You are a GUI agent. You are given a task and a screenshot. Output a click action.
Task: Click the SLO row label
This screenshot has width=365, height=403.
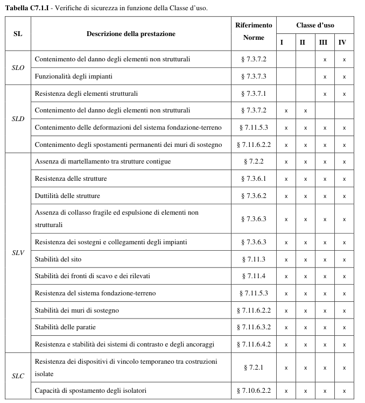(x=18, y=68)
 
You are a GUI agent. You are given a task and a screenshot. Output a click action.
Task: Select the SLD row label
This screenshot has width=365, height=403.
(x=18, y=119)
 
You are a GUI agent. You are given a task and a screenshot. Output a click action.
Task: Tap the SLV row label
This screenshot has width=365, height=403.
(x=18, y=252)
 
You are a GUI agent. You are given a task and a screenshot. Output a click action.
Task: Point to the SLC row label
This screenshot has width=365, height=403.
(x=18, y=376)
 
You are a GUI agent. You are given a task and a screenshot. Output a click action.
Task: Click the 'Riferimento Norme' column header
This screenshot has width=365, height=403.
(x=254, y=32)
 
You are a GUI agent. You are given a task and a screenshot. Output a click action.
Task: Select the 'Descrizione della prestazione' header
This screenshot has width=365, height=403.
(x=131, y=33)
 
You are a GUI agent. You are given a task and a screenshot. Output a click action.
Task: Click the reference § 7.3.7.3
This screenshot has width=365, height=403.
(x=254, y=76)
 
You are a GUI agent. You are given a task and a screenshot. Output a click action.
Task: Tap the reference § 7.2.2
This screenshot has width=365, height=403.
(x=254, y=161)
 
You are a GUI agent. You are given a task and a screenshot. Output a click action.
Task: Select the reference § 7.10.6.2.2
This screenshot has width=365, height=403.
(x=254, y=390)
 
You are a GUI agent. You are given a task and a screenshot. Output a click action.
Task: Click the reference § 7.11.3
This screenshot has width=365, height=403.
(x=254, y=259)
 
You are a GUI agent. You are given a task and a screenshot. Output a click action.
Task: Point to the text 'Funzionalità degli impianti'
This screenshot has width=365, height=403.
(x=70, y=76)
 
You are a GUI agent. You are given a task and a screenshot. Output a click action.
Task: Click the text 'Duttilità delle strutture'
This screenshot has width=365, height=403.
(x=67, y=195)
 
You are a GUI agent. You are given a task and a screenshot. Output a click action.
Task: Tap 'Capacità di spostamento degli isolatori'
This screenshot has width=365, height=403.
(x=90, y=390)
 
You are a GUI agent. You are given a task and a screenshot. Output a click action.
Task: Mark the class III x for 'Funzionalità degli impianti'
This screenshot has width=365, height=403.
(x=324, y=76)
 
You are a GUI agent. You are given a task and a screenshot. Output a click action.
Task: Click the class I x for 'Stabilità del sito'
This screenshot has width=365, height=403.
(x=286, y=259)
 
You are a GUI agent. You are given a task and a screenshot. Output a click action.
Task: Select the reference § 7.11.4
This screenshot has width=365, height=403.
(x=254, y=276)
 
